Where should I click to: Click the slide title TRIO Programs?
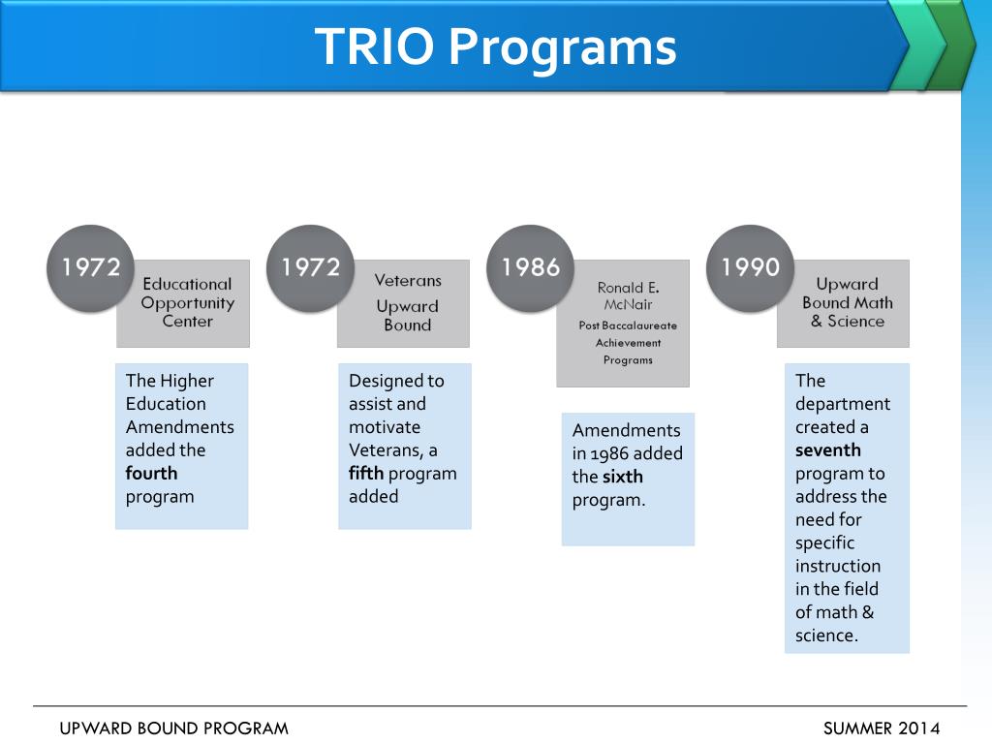495,46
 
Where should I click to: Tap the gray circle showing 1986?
530,268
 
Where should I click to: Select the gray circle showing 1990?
750,268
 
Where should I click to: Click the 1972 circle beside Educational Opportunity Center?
91,268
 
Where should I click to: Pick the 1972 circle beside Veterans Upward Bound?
310,268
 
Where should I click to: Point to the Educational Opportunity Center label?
187,302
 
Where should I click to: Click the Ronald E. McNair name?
628,295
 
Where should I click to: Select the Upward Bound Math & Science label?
847,302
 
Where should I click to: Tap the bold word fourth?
151,474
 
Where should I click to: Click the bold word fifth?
366,474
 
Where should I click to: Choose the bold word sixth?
622,477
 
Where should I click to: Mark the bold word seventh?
827,450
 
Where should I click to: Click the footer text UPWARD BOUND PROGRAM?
174,728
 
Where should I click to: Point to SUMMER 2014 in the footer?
882,728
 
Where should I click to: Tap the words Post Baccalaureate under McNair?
628,325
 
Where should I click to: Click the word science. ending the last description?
826,635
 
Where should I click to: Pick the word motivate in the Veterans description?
385,427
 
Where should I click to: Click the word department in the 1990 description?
842,404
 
